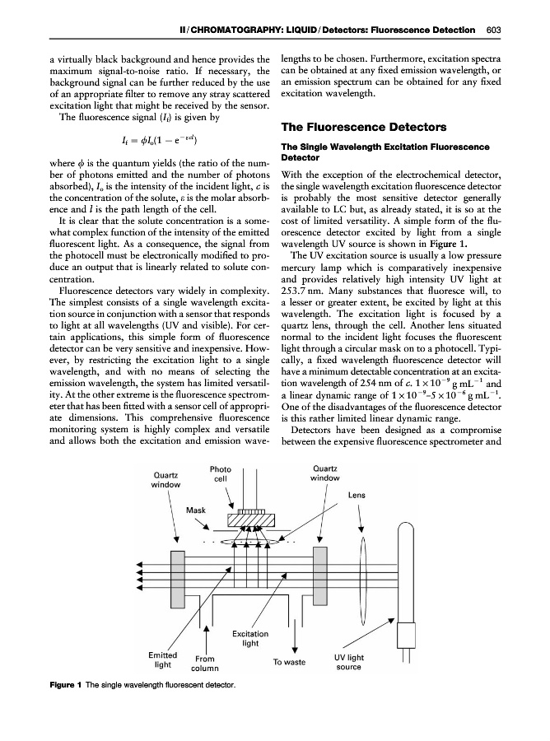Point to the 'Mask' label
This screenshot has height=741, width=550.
[195, 510]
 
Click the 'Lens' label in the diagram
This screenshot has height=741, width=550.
[357, 496]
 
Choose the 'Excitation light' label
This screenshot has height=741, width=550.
[250, 638]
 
